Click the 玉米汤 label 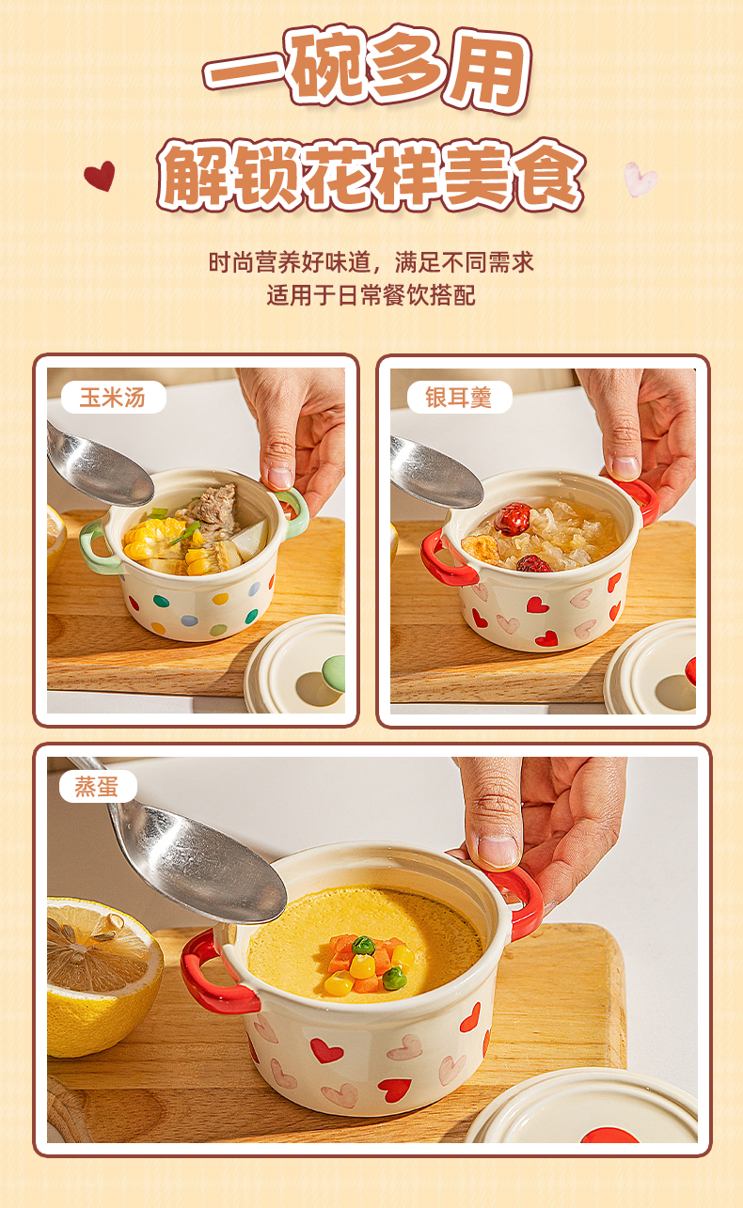pyautogui.click(x=113, y=398)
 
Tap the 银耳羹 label pyautogui.click(x=459, y=398)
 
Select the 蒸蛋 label pyautogui.click(x=98, y=786)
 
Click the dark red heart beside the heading pyautogui.click(x=101, y=176)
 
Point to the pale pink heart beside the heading pyautogui.click(x=640, y=180)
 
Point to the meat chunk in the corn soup pyautogui.click(x=214, y=508)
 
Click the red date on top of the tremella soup pyautogui.click(x=513, y=518)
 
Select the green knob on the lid pyautogui.click(x=334, y=674)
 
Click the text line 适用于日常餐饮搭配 pyautogui.click(x=371, y=295)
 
